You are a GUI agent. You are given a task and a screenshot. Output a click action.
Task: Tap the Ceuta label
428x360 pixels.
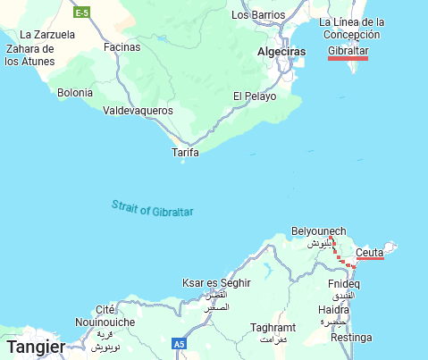point(369,253)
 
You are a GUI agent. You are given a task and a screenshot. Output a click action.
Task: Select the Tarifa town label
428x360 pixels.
point(185,153)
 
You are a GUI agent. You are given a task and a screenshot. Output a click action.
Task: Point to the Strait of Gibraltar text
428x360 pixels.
point(153,208)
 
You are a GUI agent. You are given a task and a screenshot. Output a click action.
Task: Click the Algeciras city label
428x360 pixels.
point(281,53)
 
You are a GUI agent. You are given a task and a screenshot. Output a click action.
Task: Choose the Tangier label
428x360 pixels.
point(35,347)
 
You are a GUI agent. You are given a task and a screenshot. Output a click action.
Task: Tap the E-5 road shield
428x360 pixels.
point(81,13)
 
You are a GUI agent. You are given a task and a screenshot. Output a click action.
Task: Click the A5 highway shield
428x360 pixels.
point(180,344)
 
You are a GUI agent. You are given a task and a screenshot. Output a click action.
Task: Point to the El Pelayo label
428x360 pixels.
point(255,96)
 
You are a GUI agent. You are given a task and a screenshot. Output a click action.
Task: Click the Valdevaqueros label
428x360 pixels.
point(138,111)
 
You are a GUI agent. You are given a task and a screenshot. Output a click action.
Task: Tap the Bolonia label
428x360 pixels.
point(75,92)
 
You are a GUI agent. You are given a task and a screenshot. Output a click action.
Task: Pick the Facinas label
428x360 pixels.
point(122,46)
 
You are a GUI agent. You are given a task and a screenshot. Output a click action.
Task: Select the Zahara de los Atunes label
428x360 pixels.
point(30,55)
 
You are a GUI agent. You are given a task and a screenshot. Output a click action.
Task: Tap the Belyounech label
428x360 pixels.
point(318,232)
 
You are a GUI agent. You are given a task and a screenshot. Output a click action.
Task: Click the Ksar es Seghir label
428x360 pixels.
point(216,282)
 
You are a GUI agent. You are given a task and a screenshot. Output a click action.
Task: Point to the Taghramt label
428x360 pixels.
point(273,328)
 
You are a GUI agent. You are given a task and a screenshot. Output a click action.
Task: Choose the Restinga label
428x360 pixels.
point(350,338)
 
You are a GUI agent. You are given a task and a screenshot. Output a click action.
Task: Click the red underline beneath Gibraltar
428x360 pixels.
point(348,59)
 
